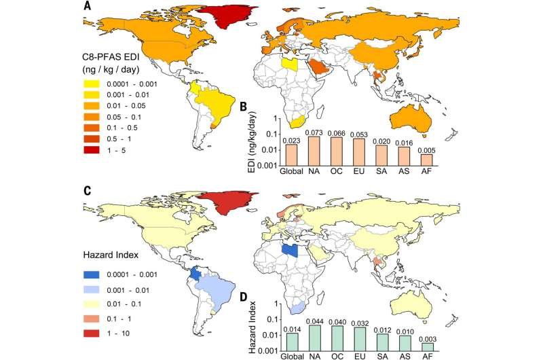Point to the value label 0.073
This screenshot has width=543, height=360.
(x=314, y=132)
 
